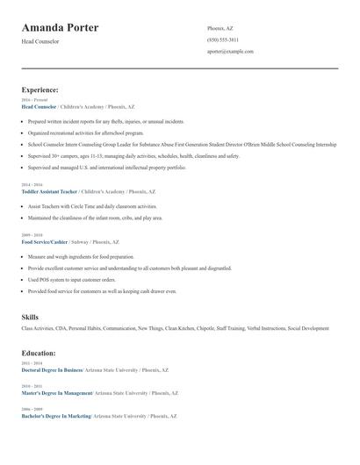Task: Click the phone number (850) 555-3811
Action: click(x=222, y=39)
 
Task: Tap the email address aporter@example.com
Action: click(x=230, y=52)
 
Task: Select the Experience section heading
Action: click(x=40, y=89)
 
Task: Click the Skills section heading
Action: click(x=30, y=316)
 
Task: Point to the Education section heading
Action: click(x=39, y=353)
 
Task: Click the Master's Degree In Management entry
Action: click(x=58, y=393)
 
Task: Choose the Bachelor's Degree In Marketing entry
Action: click(x=57, y=416)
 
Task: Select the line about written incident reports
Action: click(x=105, y=122)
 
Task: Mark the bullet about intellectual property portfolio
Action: click(x=107, y=167)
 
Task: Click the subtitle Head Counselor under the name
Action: click(x=40, y=41)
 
